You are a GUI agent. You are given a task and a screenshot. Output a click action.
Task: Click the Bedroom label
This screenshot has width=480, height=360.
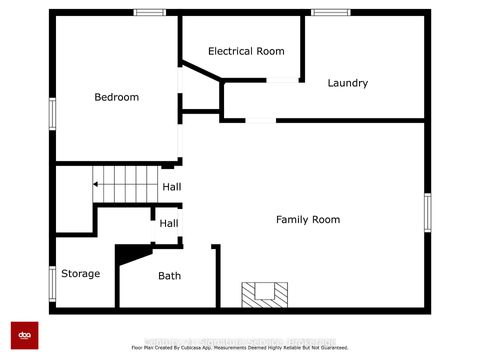pos(116,97)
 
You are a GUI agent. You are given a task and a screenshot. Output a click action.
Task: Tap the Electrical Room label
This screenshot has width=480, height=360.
pos(246,51)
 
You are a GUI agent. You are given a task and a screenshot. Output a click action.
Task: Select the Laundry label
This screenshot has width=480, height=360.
pos(348,83)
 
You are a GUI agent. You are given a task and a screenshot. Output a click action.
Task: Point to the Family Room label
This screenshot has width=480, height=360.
pos(308,219)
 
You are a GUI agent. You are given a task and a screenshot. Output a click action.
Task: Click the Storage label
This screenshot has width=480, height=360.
pos(80,273)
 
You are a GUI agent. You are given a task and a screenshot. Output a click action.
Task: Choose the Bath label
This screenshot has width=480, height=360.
pos(169,275)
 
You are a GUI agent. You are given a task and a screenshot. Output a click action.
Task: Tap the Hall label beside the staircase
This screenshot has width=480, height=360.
pos(171,187)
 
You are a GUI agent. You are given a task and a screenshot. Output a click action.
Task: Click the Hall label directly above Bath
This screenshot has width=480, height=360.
pos(169,224)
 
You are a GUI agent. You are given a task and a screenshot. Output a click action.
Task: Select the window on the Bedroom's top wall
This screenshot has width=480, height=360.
pos(150,13)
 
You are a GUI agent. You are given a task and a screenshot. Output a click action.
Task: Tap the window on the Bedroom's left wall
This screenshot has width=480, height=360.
pos(52,112)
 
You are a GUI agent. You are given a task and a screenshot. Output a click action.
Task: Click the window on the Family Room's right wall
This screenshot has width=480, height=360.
pos(427,212)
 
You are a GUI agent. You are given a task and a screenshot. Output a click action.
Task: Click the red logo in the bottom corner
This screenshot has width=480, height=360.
pos(24,336)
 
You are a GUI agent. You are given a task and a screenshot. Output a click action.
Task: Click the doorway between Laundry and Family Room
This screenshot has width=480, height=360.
pos(260,120)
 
